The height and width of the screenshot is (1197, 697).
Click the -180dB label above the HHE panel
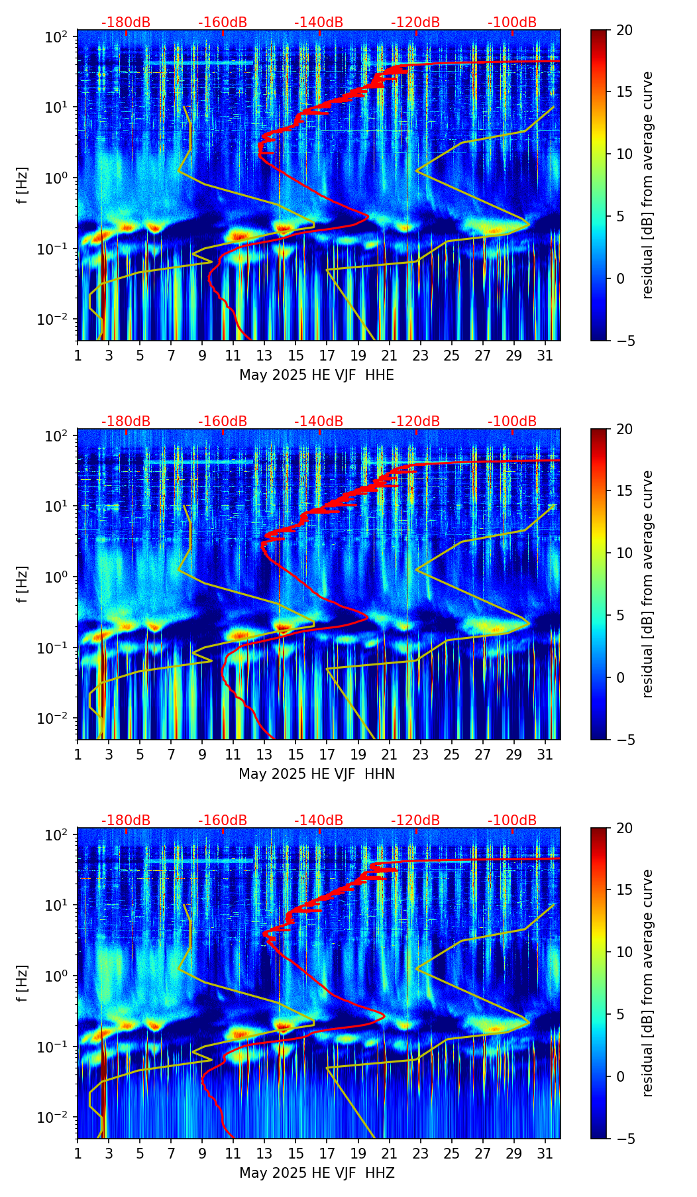126,23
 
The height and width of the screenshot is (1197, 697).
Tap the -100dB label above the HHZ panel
512,821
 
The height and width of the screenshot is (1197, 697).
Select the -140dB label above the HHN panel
319,422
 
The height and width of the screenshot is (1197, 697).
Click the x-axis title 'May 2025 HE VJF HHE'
317,375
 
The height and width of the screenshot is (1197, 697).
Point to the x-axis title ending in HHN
317,774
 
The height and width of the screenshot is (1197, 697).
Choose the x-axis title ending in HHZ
317,1173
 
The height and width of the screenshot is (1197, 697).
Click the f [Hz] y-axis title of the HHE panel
23,185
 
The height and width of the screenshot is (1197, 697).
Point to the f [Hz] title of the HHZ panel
23,983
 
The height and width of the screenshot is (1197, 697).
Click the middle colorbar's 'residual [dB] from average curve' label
648,584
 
